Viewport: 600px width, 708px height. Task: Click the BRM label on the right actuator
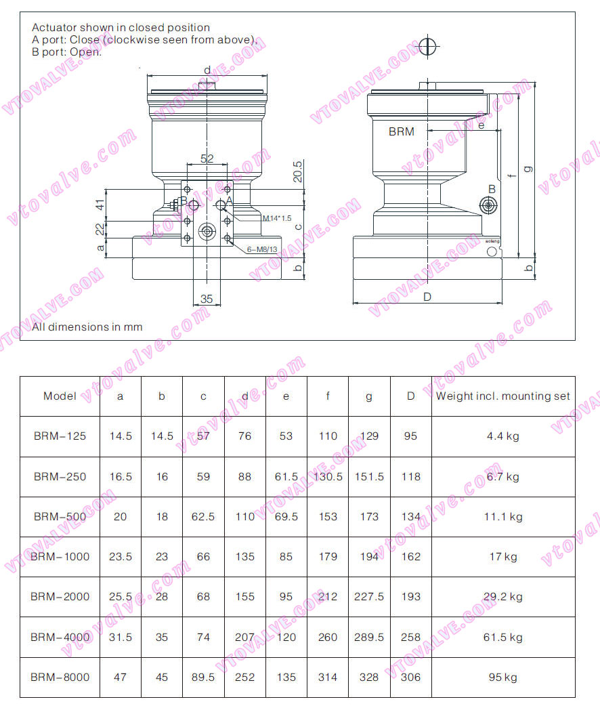(401, 132)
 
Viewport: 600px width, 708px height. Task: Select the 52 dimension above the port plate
(207, 159)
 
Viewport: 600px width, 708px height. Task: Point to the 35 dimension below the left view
(207, 299)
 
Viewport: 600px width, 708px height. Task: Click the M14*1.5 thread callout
(276, 218)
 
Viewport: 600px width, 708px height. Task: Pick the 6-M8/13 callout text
(262, 249)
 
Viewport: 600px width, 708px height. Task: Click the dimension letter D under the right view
(427, 297)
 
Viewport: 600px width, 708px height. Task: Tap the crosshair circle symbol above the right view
(427, 46)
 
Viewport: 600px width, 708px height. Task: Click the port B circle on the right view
(488, 205)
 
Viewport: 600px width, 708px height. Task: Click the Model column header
(60, 396)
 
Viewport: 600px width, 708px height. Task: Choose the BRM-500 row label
(60, 516)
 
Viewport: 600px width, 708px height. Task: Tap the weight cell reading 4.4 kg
(503, 436)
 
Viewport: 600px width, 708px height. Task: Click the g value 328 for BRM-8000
(369, 677)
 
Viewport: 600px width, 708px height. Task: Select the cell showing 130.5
(328, 476)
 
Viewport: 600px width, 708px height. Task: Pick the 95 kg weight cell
(503, 677)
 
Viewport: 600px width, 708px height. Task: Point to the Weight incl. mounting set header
(503, 396)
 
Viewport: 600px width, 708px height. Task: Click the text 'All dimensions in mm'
(87, 327)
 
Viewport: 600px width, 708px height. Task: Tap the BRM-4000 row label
(60, 637)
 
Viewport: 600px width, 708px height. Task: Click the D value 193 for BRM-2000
(410, 597)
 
